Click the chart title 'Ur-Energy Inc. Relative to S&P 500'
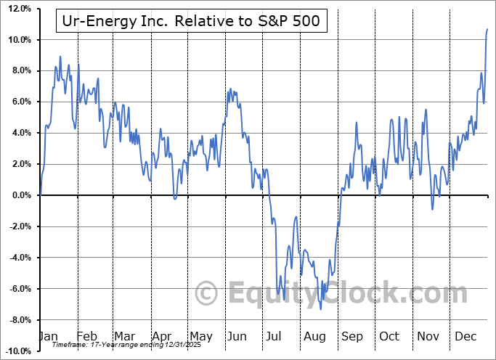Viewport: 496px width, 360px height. (192, 22)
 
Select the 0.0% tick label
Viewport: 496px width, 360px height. (18, 195)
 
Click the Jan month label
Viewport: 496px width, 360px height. (49, 336)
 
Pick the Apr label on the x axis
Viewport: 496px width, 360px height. (162, 336)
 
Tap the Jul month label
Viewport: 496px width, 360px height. (275, 336)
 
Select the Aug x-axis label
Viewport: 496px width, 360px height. (314, 336)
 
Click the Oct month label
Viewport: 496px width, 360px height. (389, 336)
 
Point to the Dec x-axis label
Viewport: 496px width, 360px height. (465, 336)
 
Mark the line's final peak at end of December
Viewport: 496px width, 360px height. (487, 29)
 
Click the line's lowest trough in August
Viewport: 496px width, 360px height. (321, 309)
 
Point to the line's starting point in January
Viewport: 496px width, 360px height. (40, 195)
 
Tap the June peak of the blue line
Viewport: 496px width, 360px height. (230, 89)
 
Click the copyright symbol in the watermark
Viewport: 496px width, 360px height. (207, 293)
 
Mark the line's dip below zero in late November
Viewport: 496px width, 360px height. (432, 210)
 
